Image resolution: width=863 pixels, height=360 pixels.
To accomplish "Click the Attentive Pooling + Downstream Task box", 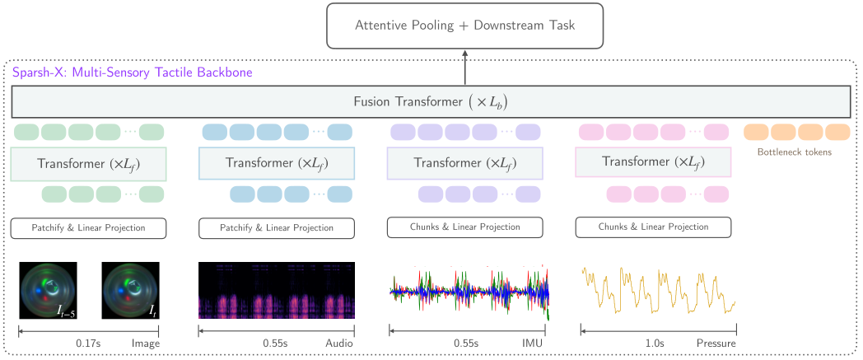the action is point(465,26).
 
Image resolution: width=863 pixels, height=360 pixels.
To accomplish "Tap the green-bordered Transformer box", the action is point(89,163).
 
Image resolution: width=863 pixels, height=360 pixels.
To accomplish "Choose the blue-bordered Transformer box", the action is point(277,163).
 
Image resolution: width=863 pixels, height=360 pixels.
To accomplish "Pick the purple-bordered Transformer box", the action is point(465,163).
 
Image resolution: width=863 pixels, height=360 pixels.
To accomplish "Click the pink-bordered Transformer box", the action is point(653,161).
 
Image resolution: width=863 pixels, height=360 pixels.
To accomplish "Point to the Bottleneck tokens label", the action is point(795,152).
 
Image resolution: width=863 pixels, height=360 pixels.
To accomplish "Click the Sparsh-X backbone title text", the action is point(132,72).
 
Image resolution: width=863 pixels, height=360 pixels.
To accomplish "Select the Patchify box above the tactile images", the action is point(89,228).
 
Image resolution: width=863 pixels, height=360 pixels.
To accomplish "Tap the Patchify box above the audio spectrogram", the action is point(277,228).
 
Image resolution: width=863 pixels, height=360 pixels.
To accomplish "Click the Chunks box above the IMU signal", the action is point(465,227).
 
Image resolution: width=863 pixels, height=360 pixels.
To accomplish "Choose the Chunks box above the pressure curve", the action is point(653,227).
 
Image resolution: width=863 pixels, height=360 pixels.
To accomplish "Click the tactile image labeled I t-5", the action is point(48,290).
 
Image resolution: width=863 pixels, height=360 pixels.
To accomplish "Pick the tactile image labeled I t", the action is point(130,290).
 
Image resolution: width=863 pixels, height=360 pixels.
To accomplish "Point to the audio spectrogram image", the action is point(277,290).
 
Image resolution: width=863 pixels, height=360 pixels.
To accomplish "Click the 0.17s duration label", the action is point(88,344).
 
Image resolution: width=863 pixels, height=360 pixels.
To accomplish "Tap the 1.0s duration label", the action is point(655,344).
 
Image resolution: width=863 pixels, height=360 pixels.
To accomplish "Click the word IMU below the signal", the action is point(532,344).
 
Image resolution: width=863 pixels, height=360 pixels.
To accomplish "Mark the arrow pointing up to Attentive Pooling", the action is point(465,68).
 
